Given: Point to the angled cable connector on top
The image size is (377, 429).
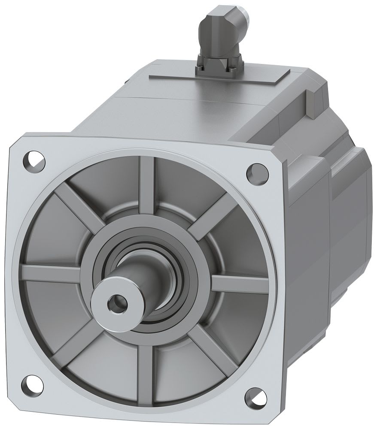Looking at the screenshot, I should pos(220,30).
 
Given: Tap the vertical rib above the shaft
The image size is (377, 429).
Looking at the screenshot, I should pos(147,181).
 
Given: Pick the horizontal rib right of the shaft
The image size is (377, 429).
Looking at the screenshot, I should pos(240,283).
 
